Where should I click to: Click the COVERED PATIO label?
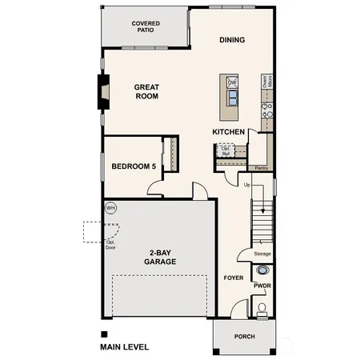click(146, 28)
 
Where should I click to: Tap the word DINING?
click(232, 40)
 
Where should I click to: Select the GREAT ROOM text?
click(146, 91)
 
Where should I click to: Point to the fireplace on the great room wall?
click(102, 93)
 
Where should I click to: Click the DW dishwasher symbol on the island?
click(231, 82)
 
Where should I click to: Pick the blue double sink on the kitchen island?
click(231, 98)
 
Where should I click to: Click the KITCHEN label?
click(228, 131)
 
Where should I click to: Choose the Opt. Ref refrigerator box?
click(226, 150)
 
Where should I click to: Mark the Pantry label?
click(261, 168)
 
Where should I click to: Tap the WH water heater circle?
click(110, 207)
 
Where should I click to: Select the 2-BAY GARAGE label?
click(160, 257)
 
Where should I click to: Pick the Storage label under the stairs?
click(262, 254)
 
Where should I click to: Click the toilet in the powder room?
click(262, 308)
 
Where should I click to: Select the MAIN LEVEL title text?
click(124, 347)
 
